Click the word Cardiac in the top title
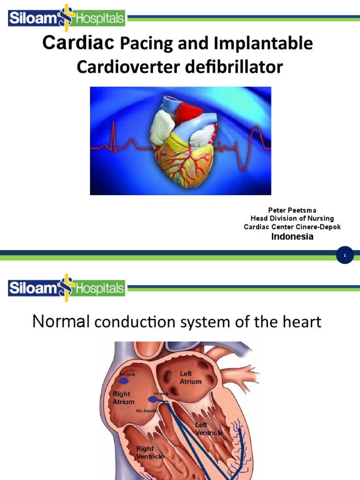pos(78,43)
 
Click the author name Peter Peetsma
pos(292,210)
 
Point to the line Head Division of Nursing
pos(292,218)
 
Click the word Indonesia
pos(292,237)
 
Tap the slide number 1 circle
pos(345,255)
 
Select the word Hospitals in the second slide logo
pos(100,288)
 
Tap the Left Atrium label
pos(191,377)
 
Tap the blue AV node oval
pos(153,399)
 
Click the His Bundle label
pos(147,411)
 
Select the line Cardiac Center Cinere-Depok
pos(292,227)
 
